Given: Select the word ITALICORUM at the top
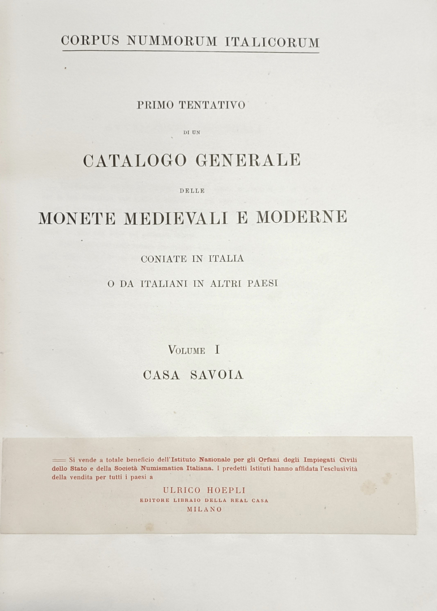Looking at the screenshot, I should coord(272,42).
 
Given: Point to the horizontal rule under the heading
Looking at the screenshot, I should coord(191,52).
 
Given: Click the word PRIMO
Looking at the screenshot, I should coord(155,105).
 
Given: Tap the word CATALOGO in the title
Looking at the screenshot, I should coord(135,161).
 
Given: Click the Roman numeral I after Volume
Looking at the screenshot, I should coord(217,350).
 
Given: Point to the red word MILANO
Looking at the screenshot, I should coord(204,509).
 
